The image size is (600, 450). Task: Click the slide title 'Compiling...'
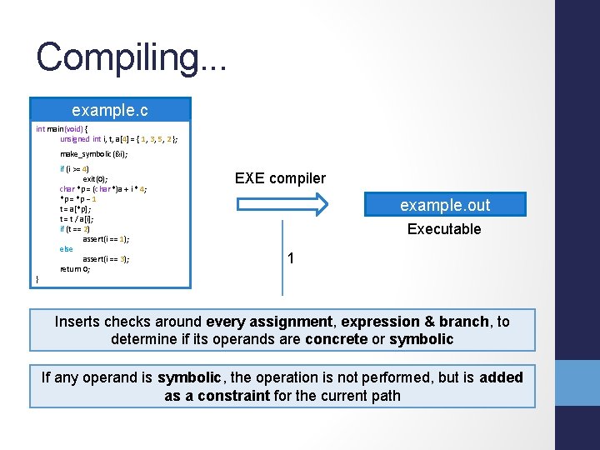click(130, 57)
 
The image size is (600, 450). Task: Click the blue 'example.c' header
click(110, 109)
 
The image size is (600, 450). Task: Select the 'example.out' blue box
click(445, 205)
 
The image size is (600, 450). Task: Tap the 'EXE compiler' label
click(280, 178)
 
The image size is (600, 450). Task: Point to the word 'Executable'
click(444, 229)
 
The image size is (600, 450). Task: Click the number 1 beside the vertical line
click(290, 258)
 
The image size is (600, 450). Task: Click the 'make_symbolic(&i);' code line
click(93, 154)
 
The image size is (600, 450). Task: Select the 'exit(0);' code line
click(94, 179)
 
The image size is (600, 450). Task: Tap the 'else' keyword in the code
click(66, 249)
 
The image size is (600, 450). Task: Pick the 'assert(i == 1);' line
click(106, 239)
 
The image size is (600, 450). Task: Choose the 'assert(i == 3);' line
click(106, 259)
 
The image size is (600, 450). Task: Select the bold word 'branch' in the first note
click(464, 322)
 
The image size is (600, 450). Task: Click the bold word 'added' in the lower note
click(502, 377)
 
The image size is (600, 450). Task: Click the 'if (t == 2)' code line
click(75, 229)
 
